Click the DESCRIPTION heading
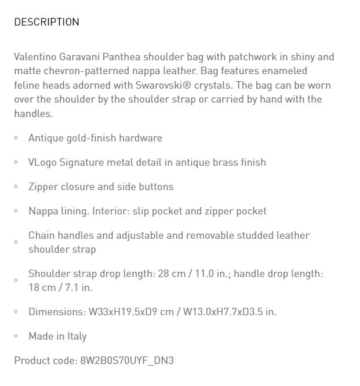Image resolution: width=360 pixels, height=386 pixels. tap(46, 22)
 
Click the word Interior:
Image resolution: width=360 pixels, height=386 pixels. tap(111, 211)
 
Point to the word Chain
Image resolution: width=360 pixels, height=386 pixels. tap(42, 235)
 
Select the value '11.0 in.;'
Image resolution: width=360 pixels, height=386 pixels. tap(210, 274)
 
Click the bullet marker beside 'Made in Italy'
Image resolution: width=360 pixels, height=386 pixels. tap(16, 336)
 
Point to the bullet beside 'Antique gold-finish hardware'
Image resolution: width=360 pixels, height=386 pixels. tap(16, 138)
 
